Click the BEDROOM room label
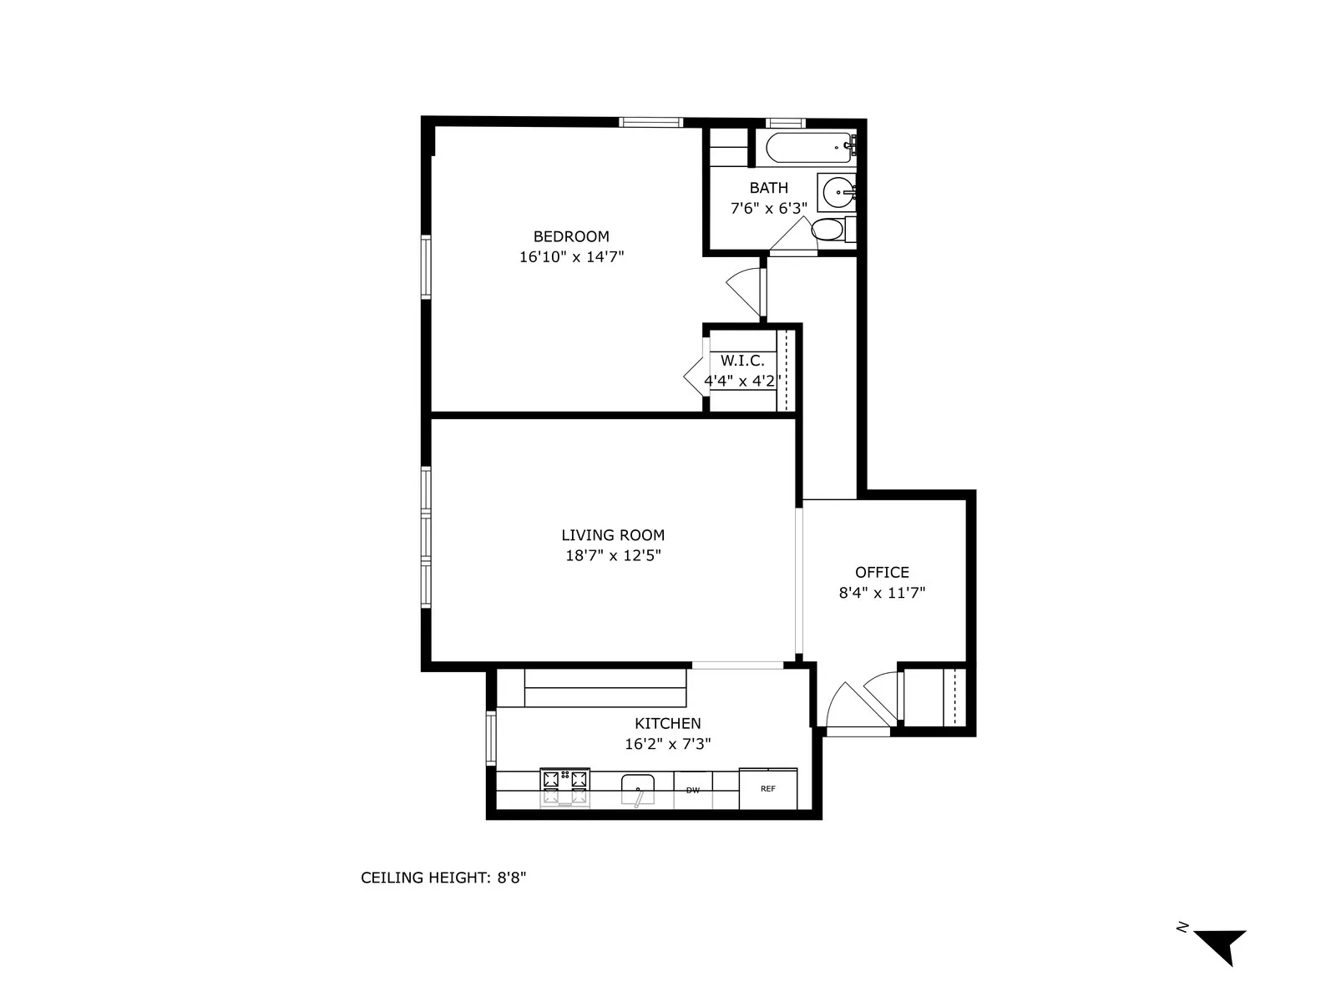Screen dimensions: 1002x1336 point(571,236)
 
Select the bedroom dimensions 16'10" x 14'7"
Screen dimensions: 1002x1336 point(571,257)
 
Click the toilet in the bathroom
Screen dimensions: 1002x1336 point(828,230)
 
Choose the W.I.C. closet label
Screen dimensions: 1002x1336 point(742,361)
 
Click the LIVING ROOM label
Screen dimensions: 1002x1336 point(613,535)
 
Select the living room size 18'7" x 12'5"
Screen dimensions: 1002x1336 point(613,556)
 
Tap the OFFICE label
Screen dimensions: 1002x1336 point(882,572)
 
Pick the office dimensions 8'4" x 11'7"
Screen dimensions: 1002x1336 point(882,593)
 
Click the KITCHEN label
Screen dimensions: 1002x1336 point(667,723)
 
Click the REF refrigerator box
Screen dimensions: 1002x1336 point(768,788)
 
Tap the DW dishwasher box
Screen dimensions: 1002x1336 point(693,789)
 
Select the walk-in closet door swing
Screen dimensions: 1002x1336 point(696,376)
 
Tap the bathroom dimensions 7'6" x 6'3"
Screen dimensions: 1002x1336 point(768,208)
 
